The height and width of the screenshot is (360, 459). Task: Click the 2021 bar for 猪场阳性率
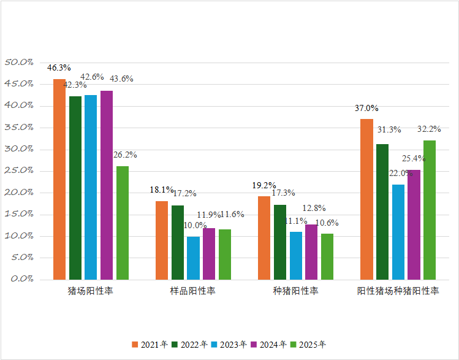59,179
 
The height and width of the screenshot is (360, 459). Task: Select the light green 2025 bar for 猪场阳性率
123,223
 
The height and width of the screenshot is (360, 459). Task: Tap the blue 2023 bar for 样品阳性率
193,258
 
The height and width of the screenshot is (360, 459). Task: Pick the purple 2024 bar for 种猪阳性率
311,251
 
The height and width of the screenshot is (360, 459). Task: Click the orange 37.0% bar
366,199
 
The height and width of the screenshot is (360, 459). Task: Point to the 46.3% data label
59,67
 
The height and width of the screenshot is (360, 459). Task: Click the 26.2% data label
125,155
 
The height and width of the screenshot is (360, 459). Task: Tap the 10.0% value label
194,225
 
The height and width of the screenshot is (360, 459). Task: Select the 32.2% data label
429,129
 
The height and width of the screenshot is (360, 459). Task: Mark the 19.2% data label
264,185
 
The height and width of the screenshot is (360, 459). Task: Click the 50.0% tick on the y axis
18,62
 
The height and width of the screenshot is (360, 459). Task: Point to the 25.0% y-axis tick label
18,170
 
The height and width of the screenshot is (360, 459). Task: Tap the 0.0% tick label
20,279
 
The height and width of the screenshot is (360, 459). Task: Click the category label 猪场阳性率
90,291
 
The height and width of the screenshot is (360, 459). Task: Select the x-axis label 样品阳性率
192,291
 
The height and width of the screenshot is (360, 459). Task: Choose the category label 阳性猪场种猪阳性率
398,291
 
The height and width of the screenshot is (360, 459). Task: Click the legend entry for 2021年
150,345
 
